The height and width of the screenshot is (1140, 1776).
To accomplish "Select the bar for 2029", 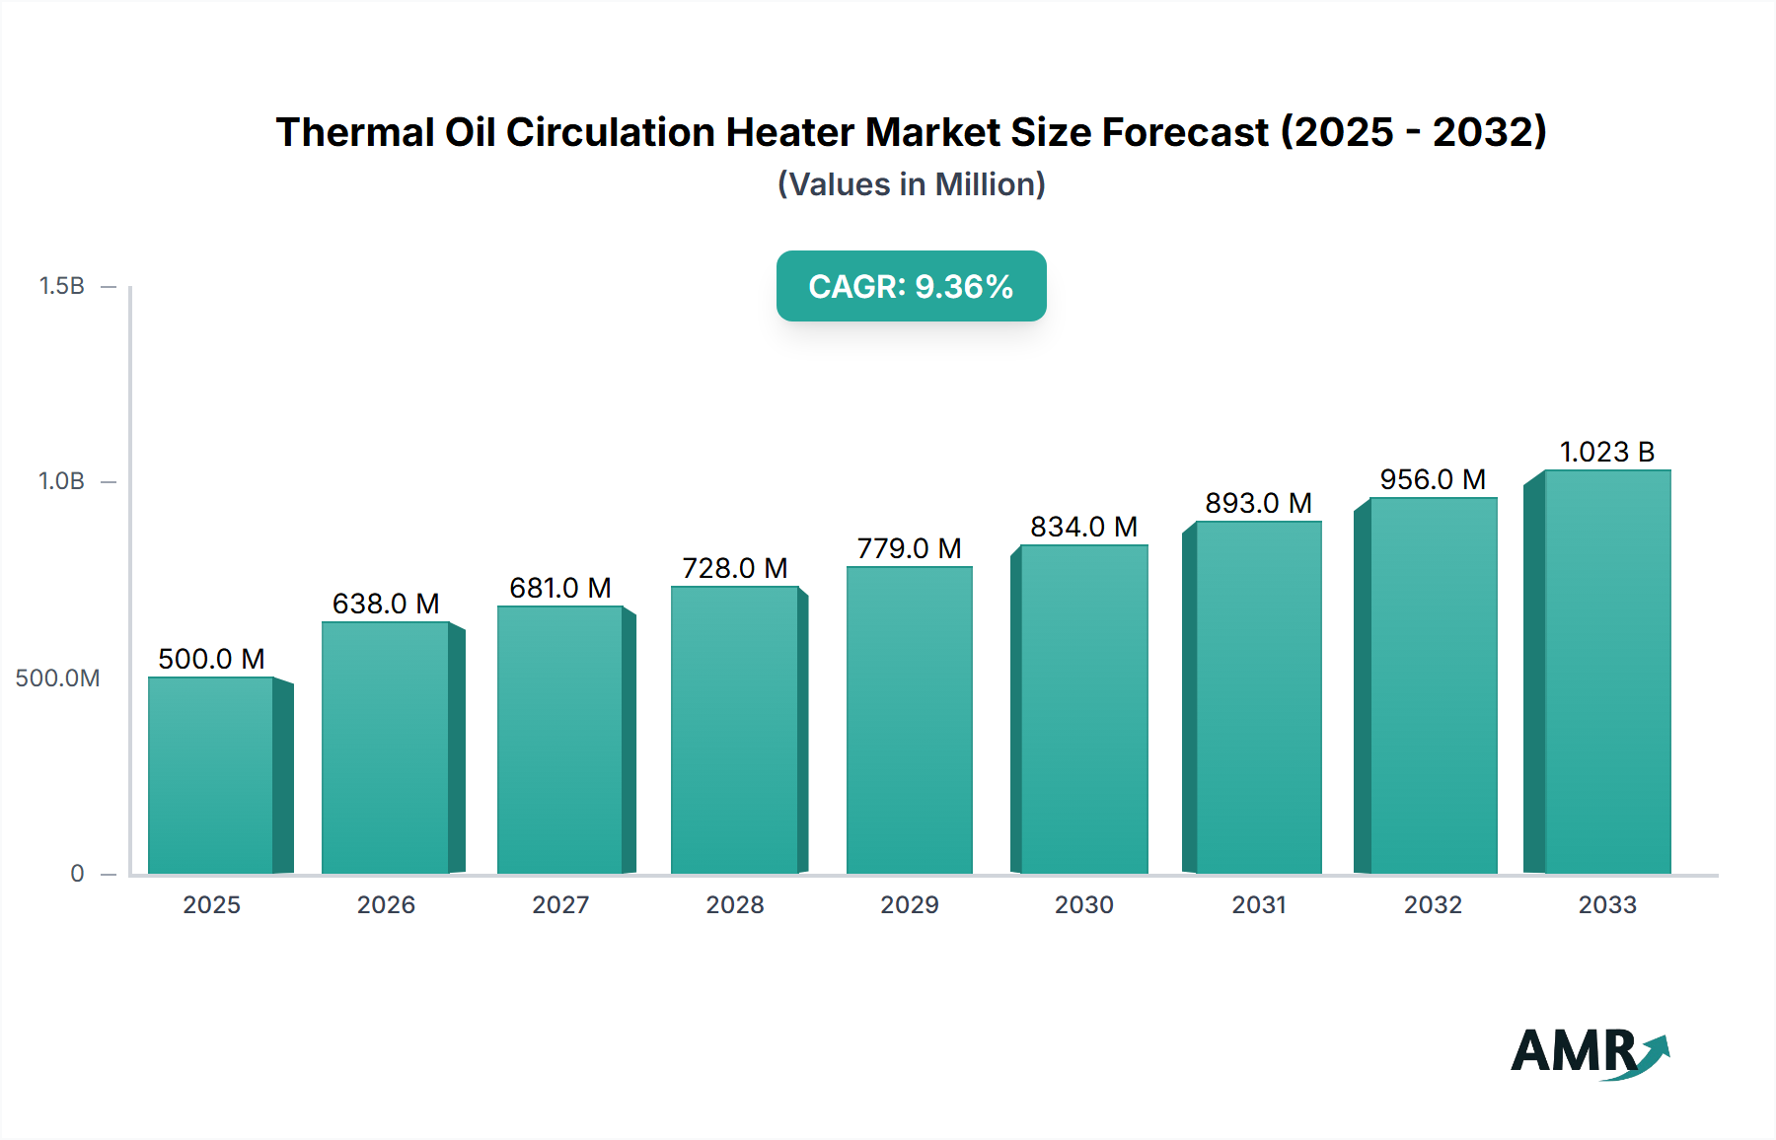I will click(910, 720).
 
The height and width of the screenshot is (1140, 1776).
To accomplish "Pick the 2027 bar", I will click(560, 740).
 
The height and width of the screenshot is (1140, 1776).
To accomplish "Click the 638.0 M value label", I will click(386, 604).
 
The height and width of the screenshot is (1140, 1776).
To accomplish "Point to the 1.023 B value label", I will click(1606, 452).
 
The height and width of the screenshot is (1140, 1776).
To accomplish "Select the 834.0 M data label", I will click(1083, 527).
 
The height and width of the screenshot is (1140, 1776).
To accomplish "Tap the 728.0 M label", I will click(735, 568).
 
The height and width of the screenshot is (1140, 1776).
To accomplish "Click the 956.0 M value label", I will click(1433, 479).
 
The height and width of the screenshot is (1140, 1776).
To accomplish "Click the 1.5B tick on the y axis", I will click(62, 286).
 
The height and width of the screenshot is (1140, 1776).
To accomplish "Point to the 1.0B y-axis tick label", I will click(62, 481).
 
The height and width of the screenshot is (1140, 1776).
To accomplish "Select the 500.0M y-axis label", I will click(57, 677).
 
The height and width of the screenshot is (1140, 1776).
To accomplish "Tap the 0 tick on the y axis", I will click(77, 873).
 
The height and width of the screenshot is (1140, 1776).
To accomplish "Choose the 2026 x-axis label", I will click(386, 904).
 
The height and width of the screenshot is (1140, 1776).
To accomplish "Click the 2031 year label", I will click(1259, 904).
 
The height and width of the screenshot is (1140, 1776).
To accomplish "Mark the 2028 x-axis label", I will click(735, 904).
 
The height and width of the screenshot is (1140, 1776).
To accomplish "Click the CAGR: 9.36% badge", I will click(911, 286).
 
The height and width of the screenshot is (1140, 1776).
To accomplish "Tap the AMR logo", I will click(1589, 1051).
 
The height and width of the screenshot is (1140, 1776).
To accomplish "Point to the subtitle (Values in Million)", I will click(911, 184).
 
